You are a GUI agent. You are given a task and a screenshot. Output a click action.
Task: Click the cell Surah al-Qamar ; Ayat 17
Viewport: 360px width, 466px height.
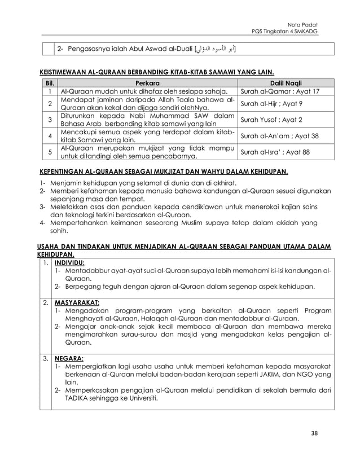[x=280, y=91]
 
